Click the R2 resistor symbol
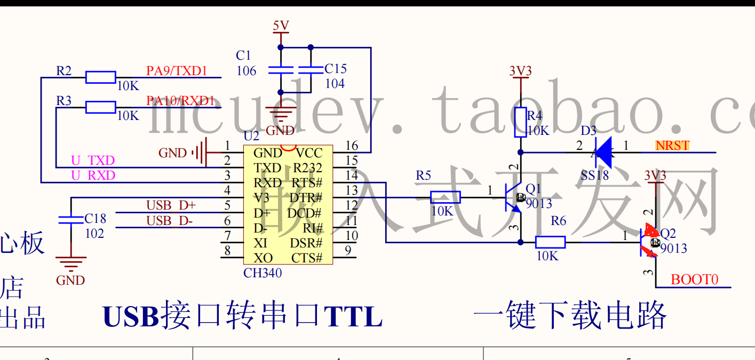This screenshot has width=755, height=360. click(100, 77)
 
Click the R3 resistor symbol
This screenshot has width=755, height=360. click(100, 107)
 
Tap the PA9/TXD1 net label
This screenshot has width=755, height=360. click(177, 71)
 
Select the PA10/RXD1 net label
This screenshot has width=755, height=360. click(180, 100)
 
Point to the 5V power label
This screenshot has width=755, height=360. click(281, 26)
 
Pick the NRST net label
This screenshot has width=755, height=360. click(672, 146)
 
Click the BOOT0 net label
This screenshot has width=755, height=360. click(694, 279)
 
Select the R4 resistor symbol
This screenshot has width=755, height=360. click(521, 122)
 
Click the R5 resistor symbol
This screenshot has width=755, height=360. click(445, 197)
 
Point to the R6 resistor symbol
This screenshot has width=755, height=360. click(550, 242)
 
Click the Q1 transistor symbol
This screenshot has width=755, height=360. click(512, 197)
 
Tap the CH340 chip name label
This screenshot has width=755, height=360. click(263, 273)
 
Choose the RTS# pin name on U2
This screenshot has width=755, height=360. click(307, 183)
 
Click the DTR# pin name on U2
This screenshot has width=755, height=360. click(306, 198)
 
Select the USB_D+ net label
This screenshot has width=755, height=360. click(171, 205)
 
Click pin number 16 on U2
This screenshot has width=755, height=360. click(352, 146)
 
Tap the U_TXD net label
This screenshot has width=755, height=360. click(93, 161)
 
